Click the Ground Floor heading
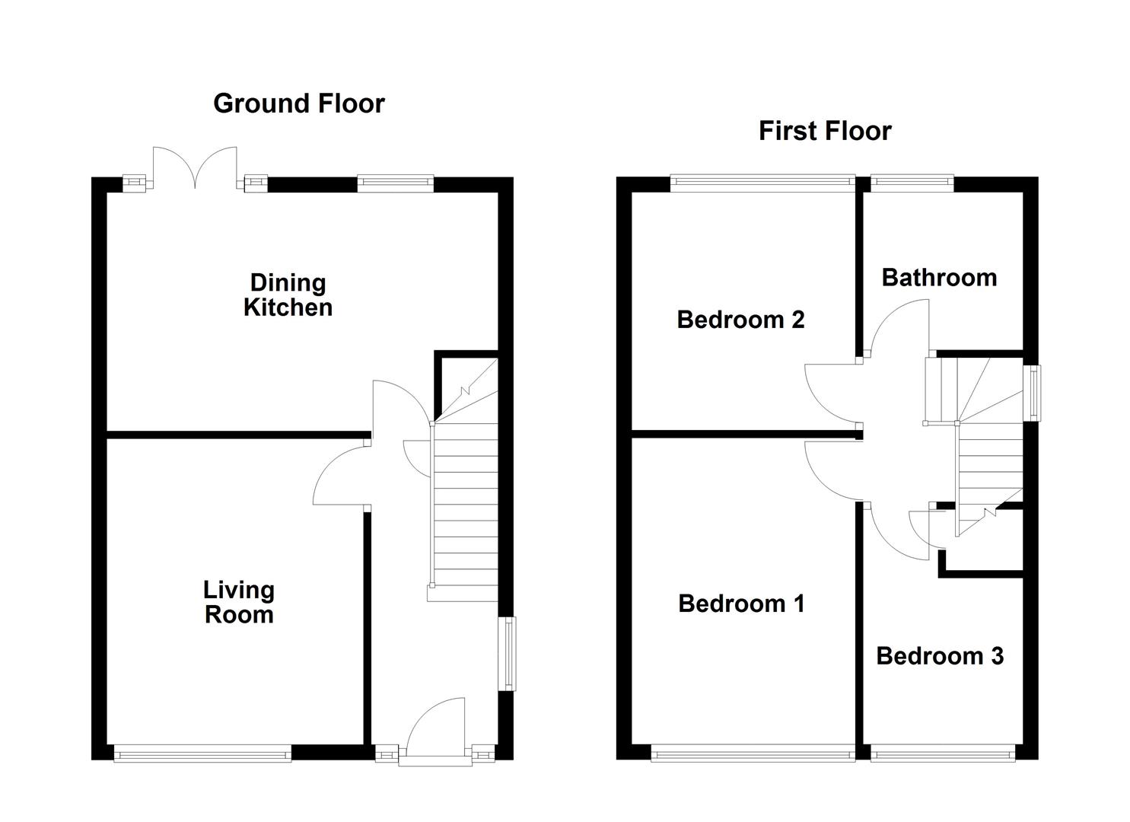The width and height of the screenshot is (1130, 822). coord(298,104)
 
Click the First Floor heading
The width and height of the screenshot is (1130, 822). coord(824,131)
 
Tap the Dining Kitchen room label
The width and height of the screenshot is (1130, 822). coord(288,295)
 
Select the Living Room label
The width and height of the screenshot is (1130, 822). coord(239,602)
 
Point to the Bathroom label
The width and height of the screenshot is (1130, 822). coord(939,278)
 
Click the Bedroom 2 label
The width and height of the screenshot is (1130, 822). coord(740,320)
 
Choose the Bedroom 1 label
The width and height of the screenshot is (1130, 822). coord(741,604)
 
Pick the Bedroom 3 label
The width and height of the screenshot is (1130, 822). coord(940,656)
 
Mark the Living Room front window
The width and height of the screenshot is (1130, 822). coord(202,755)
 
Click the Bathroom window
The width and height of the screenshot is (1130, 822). coord(912,181)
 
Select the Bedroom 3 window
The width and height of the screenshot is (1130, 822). coord(943,755)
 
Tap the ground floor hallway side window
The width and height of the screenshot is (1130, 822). coord(507,654)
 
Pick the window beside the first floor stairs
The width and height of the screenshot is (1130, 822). coord(1033,393)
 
